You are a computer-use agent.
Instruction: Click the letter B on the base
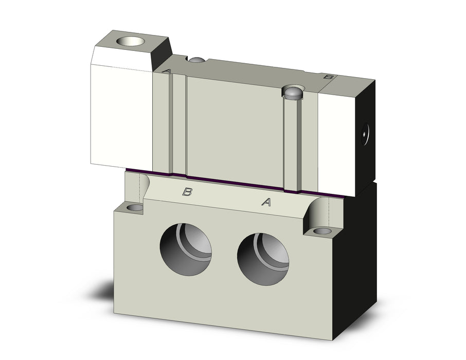[x=187, y=192]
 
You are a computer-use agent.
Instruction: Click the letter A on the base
[x=266, y=202]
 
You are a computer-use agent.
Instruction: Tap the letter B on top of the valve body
[x=328, y=77]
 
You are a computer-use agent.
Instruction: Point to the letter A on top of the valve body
[x=167, y=71]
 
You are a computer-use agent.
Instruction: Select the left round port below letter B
[x=186, y=249]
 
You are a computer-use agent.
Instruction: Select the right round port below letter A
[x=263, y=259]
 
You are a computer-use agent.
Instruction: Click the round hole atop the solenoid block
[x=130, y=41]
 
